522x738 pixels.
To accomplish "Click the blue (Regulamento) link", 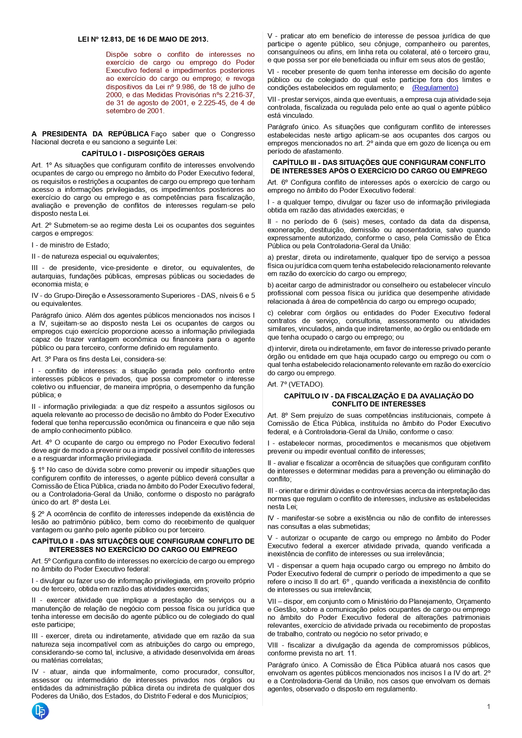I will (x=435, y=88).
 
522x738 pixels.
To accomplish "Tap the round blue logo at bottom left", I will (x=40, y=711).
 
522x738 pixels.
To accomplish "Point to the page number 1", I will (x=488, y=707).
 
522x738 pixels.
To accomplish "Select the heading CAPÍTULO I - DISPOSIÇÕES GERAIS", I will (x=143, y=154).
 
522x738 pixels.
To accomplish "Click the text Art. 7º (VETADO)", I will (x=296, y=385).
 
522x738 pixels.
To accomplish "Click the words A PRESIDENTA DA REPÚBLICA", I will (x=90, y=134).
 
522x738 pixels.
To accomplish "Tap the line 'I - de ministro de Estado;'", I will (x=71, y=245).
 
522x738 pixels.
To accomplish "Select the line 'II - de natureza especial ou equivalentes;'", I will (x=95, y=257).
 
